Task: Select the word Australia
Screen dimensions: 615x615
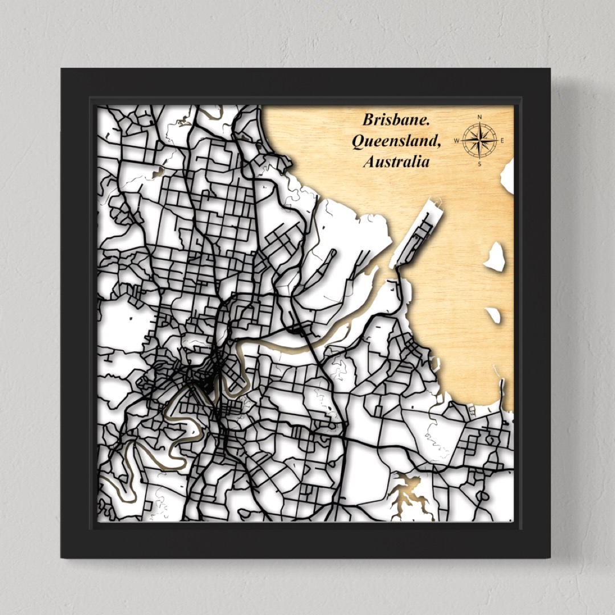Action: (396, 162)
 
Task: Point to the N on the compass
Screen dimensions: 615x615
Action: (479, 118)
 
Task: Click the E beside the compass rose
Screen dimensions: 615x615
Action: (503, 140)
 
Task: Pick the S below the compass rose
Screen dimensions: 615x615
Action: (479, 163)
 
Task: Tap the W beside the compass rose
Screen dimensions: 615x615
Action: (457, 140)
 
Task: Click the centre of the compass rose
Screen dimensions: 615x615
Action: (479, 140)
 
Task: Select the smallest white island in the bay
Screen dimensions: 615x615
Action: (493, 315)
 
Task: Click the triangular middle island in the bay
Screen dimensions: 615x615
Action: (495, 257)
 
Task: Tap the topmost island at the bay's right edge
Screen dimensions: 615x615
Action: (507, 177)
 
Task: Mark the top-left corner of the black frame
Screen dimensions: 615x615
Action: (61, 69)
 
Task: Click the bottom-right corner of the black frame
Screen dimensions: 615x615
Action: (550, 557)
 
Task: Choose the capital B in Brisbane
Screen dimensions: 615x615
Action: (368, 120)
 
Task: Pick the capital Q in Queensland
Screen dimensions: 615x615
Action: (358, 141)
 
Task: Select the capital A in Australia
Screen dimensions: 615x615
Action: (369, 162)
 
